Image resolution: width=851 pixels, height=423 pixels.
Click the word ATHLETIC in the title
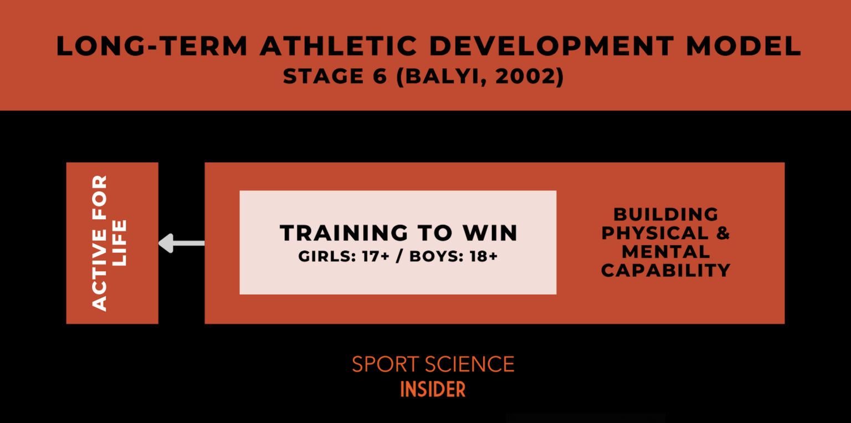click(x=339, y=47)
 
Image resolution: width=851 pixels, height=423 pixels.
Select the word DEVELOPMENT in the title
click(x=552, y=47)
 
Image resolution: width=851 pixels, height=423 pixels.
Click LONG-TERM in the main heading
click(x=151, y=47)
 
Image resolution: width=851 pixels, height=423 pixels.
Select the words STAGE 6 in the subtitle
click(x=335, y=77)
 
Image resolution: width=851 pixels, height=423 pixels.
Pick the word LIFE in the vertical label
click(x=120, y=243)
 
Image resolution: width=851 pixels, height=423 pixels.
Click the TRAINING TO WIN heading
click(x=398, y=233)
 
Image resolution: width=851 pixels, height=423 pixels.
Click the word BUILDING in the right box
click(x=665, y=214)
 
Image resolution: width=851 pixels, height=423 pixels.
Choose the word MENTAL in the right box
click(x=665, y=252)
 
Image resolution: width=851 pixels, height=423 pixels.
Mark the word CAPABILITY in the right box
click(x=665, y=271)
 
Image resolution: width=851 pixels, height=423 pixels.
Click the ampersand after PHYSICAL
click(x=722, y=233)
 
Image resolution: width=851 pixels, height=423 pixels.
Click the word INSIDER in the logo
click(x=433, y=389)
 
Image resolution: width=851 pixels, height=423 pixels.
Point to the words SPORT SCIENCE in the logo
click(x=433, y=365)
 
